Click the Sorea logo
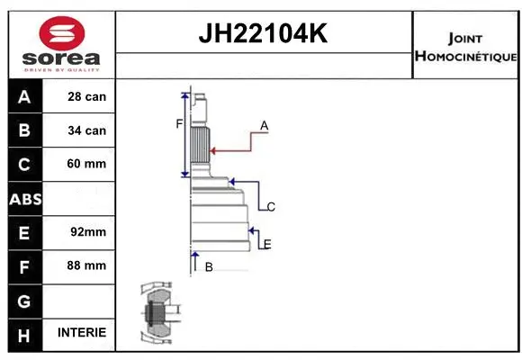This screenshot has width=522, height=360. [60, 45]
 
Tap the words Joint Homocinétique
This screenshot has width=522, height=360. [465, 47]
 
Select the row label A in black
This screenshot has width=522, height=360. [24, 96]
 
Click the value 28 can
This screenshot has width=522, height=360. [86, 96]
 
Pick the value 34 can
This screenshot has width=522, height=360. [86, 130]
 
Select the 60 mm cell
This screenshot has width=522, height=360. [86, 164]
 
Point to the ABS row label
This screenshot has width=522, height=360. [24, 198]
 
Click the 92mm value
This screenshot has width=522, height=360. [86, 231]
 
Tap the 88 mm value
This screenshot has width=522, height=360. [86, 265]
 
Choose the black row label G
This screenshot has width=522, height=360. [24, 299]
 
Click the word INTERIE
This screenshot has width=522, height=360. [81, 332]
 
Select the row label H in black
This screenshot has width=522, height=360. [24, 333]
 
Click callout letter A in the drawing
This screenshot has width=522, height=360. [265, 125]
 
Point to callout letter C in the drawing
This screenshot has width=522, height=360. [270, 207]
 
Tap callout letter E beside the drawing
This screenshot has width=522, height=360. [267, 244]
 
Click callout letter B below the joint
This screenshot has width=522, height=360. [208, 266]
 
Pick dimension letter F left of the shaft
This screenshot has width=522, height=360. [179, 124]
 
